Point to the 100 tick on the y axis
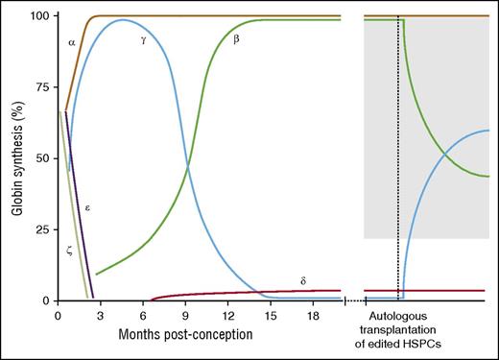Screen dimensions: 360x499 [38, 16]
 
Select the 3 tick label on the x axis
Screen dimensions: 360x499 [100, 315]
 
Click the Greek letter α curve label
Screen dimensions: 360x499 [72, 43]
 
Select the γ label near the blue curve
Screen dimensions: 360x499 [142, 41]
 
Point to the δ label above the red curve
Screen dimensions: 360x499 [302, 279]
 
